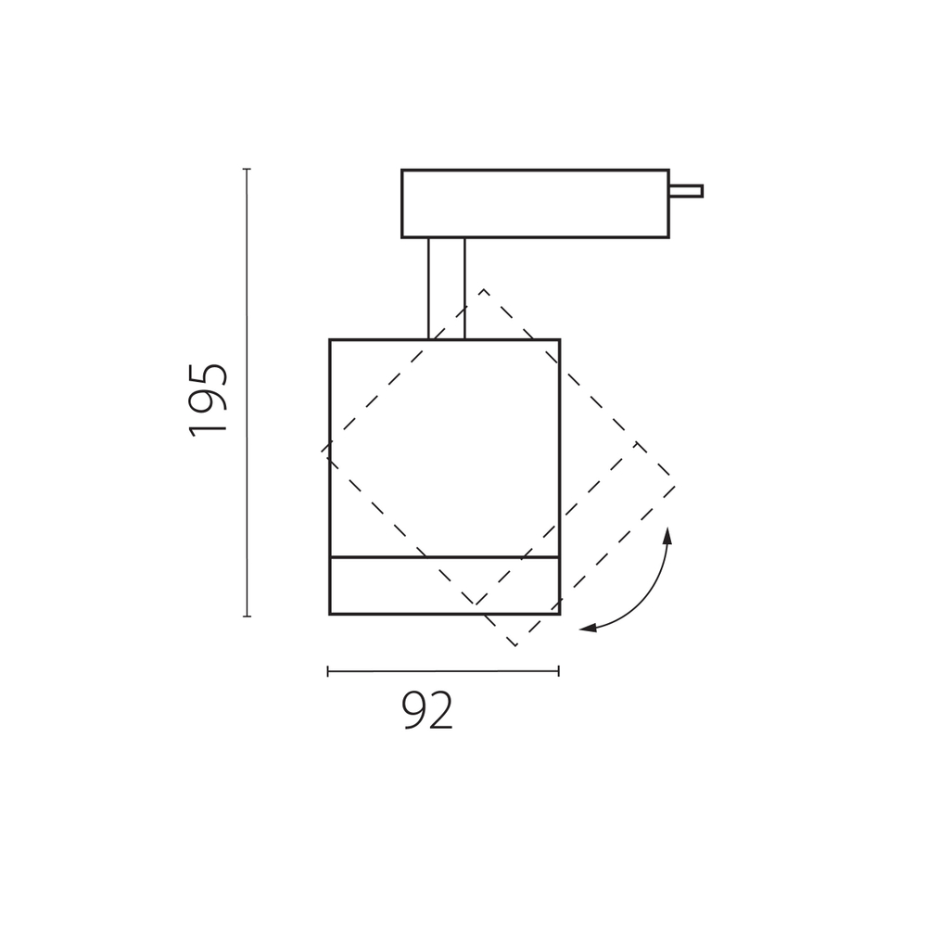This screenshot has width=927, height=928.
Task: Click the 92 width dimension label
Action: (x=427, y=710)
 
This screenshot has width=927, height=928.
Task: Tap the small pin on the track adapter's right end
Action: (x=686, y=191)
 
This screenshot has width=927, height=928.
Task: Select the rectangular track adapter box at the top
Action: (x=535, y=204)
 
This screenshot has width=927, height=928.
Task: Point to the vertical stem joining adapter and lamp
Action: (x=447, y=288)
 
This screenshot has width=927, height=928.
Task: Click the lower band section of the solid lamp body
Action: (x=445, y=585)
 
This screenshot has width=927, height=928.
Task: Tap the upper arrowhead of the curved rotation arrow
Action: (x=667, y=535)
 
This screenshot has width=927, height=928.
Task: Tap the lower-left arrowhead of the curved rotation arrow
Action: (x=588, y=628)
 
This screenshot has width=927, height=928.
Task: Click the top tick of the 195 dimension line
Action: (x=247, y=170)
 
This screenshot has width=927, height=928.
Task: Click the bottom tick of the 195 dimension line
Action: (x=247, y=617)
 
